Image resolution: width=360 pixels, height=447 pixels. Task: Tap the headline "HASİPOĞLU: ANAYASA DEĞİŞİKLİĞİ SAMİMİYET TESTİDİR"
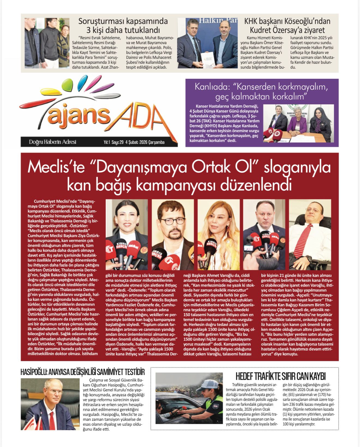pyautogui.click(x=83, y=372)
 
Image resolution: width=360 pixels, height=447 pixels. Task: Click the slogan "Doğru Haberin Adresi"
pyautogui.click(x=52, y=142)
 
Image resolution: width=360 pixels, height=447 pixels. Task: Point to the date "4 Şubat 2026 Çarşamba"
pyautogui.click(x=145, y=142)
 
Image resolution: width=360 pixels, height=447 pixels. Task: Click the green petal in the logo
pyautogui.click(x=67, y=84)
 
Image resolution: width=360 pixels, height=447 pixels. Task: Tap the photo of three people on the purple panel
pyautogui.click(x=298, y=123)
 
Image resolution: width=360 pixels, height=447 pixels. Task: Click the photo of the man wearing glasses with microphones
pyautogui.click(x=173, y=234)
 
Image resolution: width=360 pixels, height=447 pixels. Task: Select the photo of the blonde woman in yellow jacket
pyautogui.click(x=218, y=234)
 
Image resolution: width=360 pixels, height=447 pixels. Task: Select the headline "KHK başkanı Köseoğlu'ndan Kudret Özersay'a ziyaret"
pyautogui.click(x=287, y=25)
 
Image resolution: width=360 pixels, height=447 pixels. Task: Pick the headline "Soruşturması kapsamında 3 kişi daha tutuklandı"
pyautogui.click(x=123, y=25)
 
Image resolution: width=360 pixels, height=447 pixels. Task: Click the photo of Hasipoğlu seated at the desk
pyautogui.click(x=50, y=404)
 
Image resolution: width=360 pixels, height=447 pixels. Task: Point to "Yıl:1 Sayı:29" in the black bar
pyautogui.click(x=113, y=142)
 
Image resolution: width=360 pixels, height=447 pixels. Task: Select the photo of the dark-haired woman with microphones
pyautogui.click(x=127, y=234)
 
